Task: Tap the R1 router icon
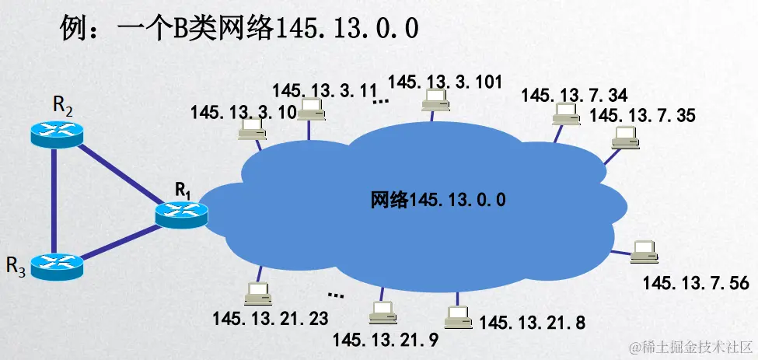coord(181,211)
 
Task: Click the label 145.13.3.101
coord(445,81)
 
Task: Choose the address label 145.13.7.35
coord(642,116)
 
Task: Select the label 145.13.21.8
coord(532,321)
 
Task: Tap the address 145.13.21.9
coord(385,339)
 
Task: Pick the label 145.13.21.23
coord(270,318)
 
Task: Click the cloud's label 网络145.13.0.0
coord(438,200)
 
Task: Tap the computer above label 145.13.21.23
coord(256,295)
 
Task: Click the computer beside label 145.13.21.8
coord(458,315)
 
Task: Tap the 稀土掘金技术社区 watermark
coord(691,346)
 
